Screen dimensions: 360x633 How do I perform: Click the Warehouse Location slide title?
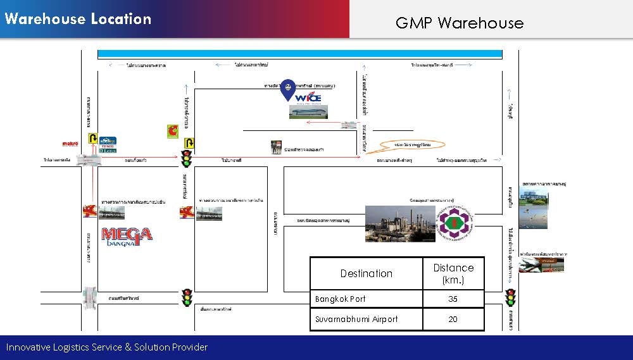78,19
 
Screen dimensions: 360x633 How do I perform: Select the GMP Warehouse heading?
460,23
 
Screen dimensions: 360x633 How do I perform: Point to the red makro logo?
70,144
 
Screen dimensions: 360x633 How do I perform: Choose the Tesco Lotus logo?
108,145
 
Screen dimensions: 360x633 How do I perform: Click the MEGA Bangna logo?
127,235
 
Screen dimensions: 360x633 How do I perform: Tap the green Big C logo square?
173,131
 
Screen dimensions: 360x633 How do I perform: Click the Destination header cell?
367,273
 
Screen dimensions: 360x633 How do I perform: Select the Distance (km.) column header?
453,273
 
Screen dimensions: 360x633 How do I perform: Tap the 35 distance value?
453,299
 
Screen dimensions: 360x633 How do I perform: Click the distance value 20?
453,319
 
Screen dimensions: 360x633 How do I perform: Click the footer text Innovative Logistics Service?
107,347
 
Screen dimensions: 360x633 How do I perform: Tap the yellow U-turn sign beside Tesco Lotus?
92,138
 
